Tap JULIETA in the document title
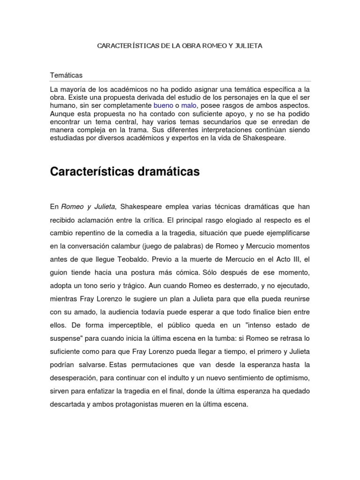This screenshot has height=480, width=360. (247, 46)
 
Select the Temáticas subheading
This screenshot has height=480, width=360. (66, 75)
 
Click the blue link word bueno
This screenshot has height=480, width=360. (163, 105)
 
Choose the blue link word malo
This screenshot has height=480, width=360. (189, 105)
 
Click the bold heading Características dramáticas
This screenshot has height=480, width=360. (125, 172)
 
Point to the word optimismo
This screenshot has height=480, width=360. (292, 377)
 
